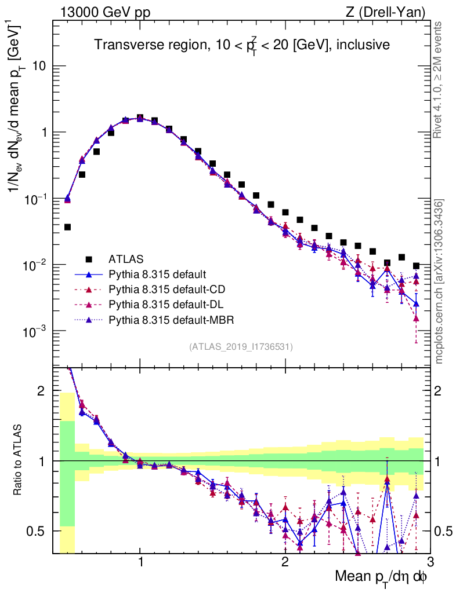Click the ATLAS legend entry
pyautogui.click(x=125, y=258)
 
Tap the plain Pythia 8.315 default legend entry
pyautogui.click(x=157, y=273)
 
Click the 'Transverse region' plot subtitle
pyautogui.click(x=241, y=45)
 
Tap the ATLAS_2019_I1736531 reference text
pyautogui.click(x=241, y=347)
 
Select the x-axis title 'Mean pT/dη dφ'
pyautogui.click(x=381, y=577)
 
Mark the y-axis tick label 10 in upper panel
pyautogui.click(x=39, y=66)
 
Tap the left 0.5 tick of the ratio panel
pyautogui.click(x=39, y=531)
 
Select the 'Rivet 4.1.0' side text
pyautogui.click(x=439, y=80)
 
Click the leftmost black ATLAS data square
pyautogui.click(x=67, y=227)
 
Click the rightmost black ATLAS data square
pyautogui.click(x=416, y=266)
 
